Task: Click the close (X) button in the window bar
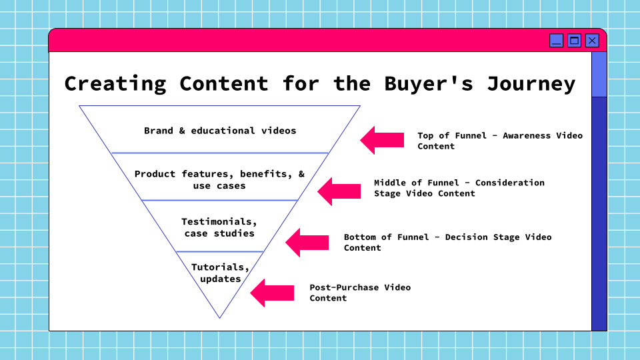(x=592, y=41)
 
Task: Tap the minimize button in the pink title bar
(x=557, y=41)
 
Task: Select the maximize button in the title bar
(x=574, y=41)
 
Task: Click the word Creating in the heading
(x=115, y=84)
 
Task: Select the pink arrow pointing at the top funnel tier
(x=382, y=140)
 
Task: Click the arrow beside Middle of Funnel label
(x=339, y=191)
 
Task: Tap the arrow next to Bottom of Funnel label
(x=307, y=242)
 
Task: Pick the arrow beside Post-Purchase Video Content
(x=272, y=293)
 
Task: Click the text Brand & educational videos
(x=220, y=131)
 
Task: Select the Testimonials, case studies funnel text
(x=219, y=227)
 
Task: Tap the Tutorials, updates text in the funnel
(x=221, y=273)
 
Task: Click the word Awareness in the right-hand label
(x=527, y=135)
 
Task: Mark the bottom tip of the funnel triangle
(x=219, y=317)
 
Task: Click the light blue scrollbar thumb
(x=599, y=74)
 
